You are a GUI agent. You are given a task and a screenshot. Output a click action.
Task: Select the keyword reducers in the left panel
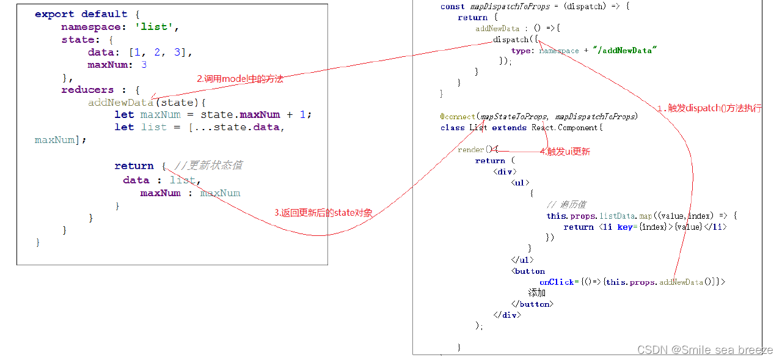point(87,90)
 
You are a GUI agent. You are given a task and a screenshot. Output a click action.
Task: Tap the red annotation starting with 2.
point(240,79)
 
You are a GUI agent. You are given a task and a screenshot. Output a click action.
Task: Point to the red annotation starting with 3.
point(323,213)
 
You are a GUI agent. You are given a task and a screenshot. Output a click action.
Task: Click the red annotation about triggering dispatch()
point(709,108)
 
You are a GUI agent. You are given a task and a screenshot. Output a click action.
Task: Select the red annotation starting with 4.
point(565,152)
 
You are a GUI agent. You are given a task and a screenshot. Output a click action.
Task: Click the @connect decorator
point(458,116)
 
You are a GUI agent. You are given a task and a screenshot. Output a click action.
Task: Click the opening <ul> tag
point(520,182)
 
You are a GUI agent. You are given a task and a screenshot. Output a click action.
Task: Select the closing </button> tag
point(532,304)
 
